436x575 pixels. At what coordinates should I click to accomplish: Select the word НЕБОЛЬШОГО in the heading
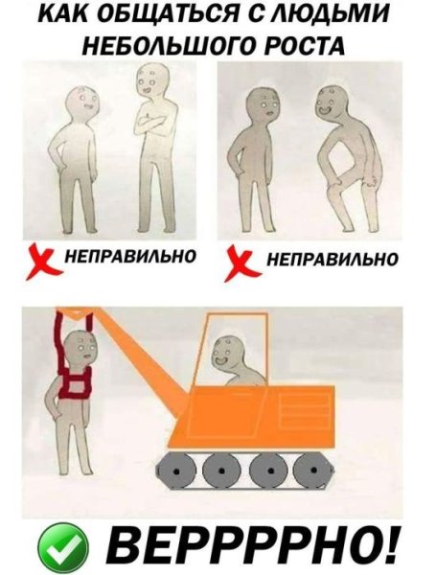coord(171,46)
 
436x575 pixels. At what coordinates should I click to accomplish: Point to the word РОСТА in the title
coord(297,46)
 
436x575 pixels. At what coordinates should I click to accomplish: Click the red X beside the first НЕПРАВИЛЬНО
coord(39,260)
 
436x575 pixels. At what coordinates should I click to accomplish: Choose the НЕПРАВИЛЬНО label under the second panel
coord(331,259)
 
